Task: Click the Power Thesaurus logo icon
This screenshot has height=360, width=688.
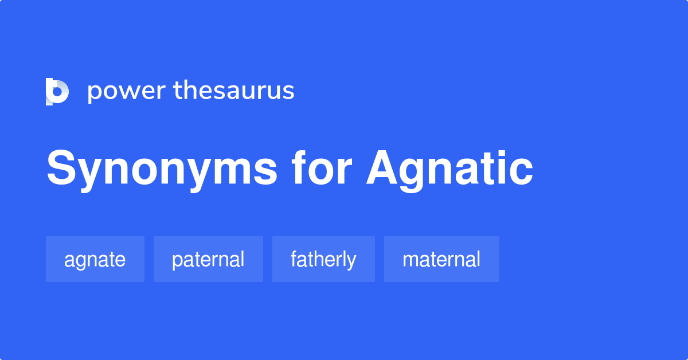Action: tap(57, 91)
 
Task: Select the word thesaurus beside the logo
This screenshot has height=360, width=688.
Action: tap(234, 91)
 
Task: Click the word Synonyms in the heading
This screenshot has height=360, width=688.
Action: tap(162, 170)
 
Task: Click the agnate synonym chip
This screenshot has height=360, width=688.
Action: tap(95, 259)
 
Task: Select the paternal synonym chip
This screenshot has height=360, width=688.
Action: tap(208, 259)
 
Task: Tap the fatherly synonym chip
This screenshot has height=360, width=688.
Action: tap(323, 259)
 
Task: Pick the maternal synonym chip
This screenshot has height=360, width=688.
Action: tap(441, 259)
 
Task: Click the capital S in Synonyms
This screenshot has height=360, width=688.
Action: tap(61, 169)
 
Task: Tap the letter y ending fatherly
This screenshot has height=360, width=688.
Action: tap(351, 262)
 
